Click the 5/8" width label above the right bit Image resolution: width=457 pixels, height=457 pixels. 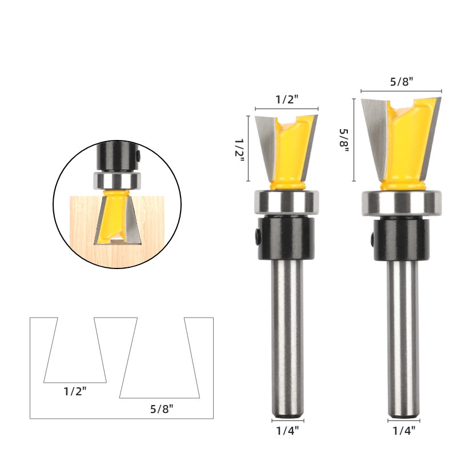point(402,82)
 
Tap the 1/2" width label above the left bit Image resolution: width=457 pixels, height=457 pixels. point(287,99)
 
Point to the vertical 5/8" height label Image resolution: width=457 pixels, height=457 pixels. point(344,141)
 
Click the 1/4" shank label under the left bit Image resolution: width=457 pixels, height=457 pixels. point(287,430)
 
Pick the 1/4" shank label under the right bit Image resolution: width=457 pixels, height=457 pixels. point(404,430)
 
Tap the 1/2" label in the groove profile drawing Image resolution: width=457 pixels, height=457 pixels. point(75,391)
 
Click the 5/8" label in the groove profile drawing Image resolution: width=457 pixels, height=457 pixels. point(162,409)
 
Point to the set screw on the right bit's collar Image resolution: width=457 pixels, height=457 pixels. point(373,238)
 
